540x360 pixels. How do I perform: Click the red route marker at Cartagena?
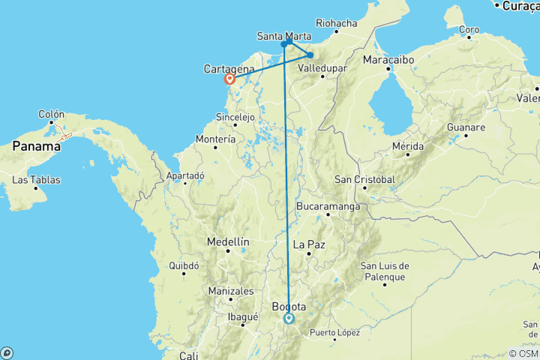click(x=230, y=79)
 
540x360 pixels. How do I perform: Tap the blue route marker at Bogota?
click(x=289, y=319)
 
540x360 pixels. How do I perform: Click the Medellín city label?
click(x=228, y=241)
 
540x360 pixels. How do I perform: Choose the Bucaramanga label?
click(x=328, y=205)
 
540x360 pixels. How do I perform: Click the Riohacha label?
click(x=337, y=23)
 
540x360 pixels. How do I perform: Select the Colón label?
click(x=52, y=114)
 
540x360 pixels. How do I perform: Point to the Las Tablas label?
click(x=35, y=179)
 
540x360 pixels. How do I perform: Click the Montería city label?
click(x=215, y=139)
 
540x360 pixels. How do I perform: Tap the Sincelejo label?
click(x=235, y=117)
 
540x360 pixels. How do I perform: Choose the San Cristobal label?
click(x=365, y=179)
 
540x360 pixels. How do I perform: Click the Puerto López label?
click(x=334, y=332)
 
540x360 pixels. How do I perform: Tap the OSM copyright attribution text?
click(x=523, y=353)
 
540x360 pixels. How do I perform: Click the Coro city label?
click(x=469, y=30)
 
